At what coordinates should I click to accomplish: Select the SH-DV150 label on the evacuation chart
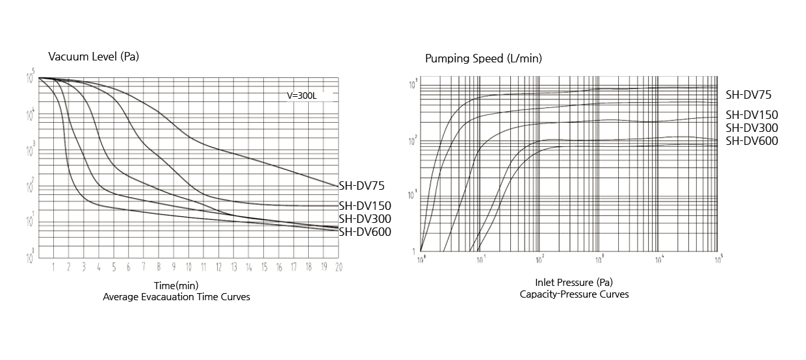365,206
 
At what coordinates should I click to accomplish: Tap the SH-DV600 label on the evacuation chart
365,231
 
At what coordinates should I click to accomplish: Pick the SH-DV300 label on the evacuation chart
365,219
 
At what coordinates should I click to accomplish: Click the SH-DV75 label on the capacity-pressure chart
748,95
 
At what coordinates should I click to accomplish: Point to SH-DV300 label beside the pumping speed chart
751,128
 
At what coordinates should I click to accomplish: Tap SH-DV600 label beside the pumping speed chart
751,141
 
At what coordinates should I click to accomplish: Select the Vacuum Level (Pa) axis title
94,57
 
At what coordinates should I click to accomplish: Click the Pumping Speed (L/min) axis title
483,58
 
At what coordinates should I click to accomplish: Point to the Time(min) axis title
176,285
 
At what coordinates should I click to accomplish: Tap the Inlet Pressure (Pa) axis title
574,283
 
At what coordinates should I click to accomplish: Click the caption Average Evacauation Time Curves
176,297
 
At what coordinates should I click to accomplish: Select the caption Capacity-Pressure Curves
574,294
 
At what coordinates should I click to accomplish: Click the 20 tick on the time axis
338,267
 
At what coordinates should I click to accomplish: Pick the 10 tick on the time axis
188,267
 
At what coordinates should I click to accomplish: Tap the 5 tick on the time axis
114,267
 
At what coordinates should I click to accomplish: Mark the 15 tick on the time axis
264,267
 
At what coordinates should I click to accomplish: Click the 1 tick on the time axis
54,267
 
